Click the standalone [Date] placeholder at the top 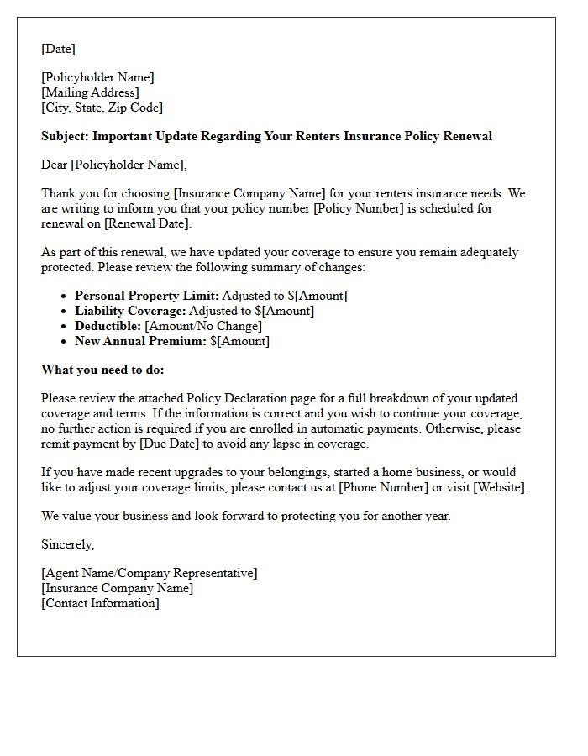58,49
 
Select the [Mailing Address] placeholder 90,92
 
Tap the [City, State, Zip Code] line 102,108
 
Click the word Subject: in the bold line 65,136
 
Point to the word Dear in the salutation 55,165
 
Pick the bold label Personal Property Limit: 146,296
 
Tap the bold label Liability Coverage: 129,311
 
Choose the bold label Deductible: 108,326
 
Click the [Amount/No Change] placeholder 203,326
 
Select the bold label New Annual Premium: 140,341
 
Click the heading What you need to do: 102,370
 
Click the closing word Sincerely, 68,544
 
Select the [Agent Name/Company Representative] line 150,573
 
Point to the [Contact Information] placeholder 100,603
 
